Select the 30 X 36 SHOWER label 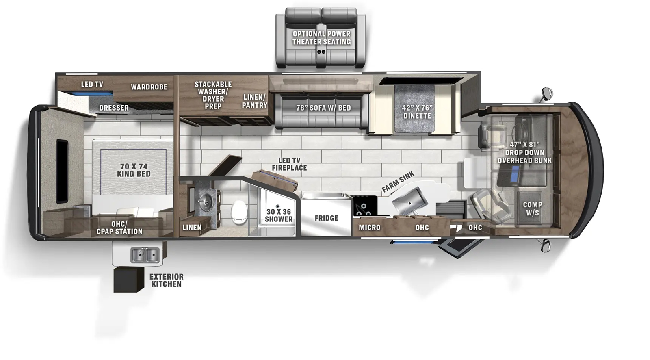click(x=279, y=215)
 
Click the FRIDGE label click(x=326, y=218)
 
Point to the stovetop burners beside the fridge click(x=364, y=206)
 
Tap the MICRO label click(x=369, y=228)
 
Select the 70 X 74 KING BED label click(x=134, y=170)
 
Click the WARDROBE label click(x=149, y=87)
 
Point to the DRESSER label click(x=114, y=108)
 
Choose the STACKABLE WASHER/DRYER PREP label click(x=213, y=95)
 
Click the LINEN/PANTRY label click(x=255, y=101)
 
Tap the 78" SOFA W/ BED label click(x=323, y=108)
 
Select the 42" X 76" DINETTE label click(x=417, y=112)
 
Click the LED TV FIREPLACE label click(x=289, y=164)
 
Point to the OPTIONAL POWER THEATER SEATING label click(x=321, y=38)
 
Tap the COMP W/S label click(x=532, y=208)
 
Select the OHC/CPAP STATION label click(x=119, y=228)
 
